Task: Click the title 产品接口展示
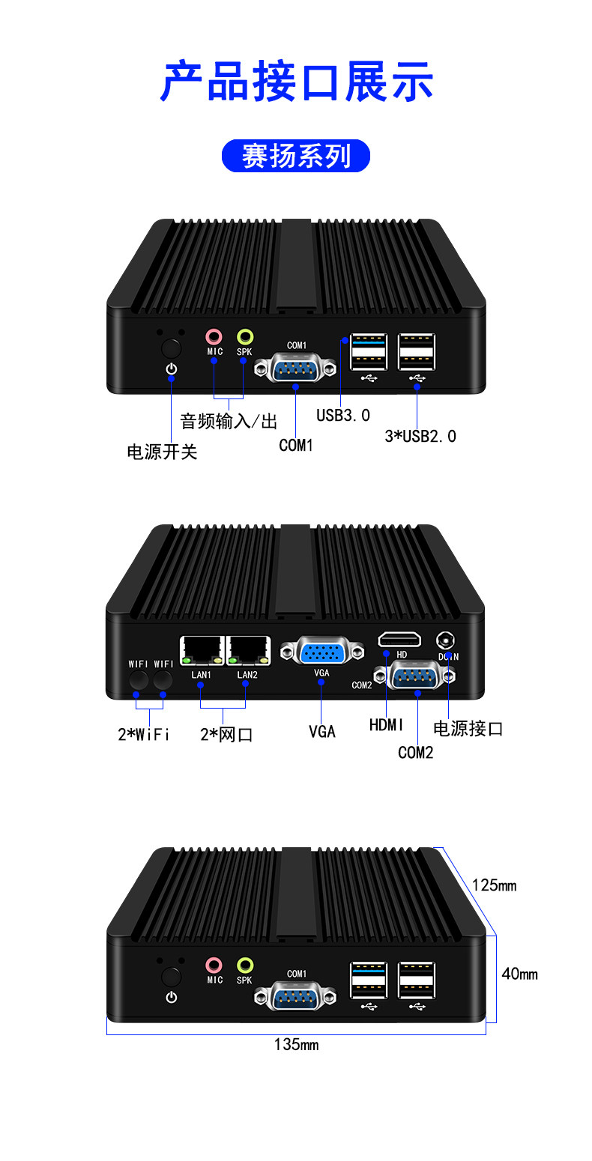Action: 296,81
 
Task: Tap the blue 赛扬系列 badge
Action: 295,156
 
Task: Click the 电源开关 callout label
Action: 163,452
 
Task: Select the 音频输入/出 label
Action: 229,421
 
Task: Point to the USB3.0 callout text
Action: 343,415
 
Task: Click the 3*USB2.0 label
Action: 420,437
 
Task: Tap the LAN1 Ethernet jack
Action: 202,650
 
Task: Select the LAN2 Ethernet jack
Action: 248,650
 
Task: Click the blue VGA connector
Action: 322,651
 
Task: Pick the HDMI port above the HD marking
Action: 399,640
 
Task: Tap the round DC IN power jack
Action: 445,640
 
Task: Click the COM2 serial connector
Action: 414,676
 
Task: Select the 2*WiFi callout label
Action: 144,735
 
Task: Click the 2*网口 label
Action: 226,735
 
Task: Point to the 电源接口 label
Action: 468,729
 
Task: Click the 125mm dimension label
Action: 494,885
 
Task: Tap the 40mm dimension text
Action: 519,974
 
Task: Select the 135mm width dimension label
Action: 296,1044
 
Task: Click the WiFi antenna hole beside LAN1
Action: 163,679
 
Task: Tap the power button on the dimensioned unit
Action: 171,977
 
